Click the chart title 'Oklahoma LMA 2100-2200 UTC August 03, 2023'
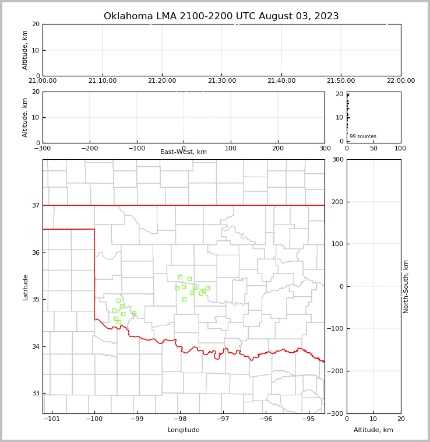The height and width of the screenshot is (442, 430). pyautogui.click(x=221, y=16)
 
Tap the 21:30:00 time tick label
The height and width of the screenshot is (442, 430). pyautogui.click(x=222, y=81)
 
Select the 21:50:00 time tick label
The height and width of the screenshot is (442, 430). pyautogui.click(x=341, y=81)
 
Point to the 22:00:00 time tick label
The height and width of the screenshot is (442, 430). pyautogui.click(x=400, y=81)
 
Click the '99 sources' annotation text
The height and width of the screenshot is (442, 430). pyautogui.click(x=363, y=136)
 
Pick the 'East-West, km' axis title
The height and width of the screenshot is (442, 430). pyautogui.click(x=184, y=152)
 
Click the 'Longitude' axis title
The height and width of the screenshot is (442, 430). pyautogui.click(x=184, y=430)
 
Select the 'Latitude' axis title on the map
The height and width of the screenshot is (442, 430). pyautogui.click(x=25, y=287)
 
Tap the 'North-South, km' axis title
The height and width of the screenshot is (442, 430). pyautogui.click(x=406, y=286)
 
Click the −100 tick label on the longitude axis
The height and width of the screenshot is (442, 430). pyautogui.click(x=94, y=419)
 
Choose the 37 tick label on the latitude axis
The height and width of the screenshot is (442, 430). pyautogui.click(x=35, y=205)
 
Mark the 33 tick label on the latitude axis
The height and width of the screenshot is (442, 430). pyautogui.click(x=35, y=393)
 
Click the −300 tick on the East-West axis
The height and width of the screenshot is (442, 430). pyautogui.click(x=43, y=148)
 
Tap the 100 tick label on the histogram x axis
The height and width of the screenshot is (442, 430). pyautogui.click(x=400, y=148)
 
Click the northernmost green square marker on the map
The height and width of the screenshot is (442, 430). pyautogui.click(x=180, y=278)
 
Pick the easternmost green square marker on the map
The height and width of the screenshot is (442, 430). pyautogui.click(x=207, y=288)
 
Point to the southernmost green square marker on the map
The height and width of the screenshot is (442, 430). pyautogui.click(x=119, y=322)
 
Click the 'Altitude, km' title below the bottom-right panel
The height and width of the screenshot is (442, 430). pyautogui.click(x=373, y=430)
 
